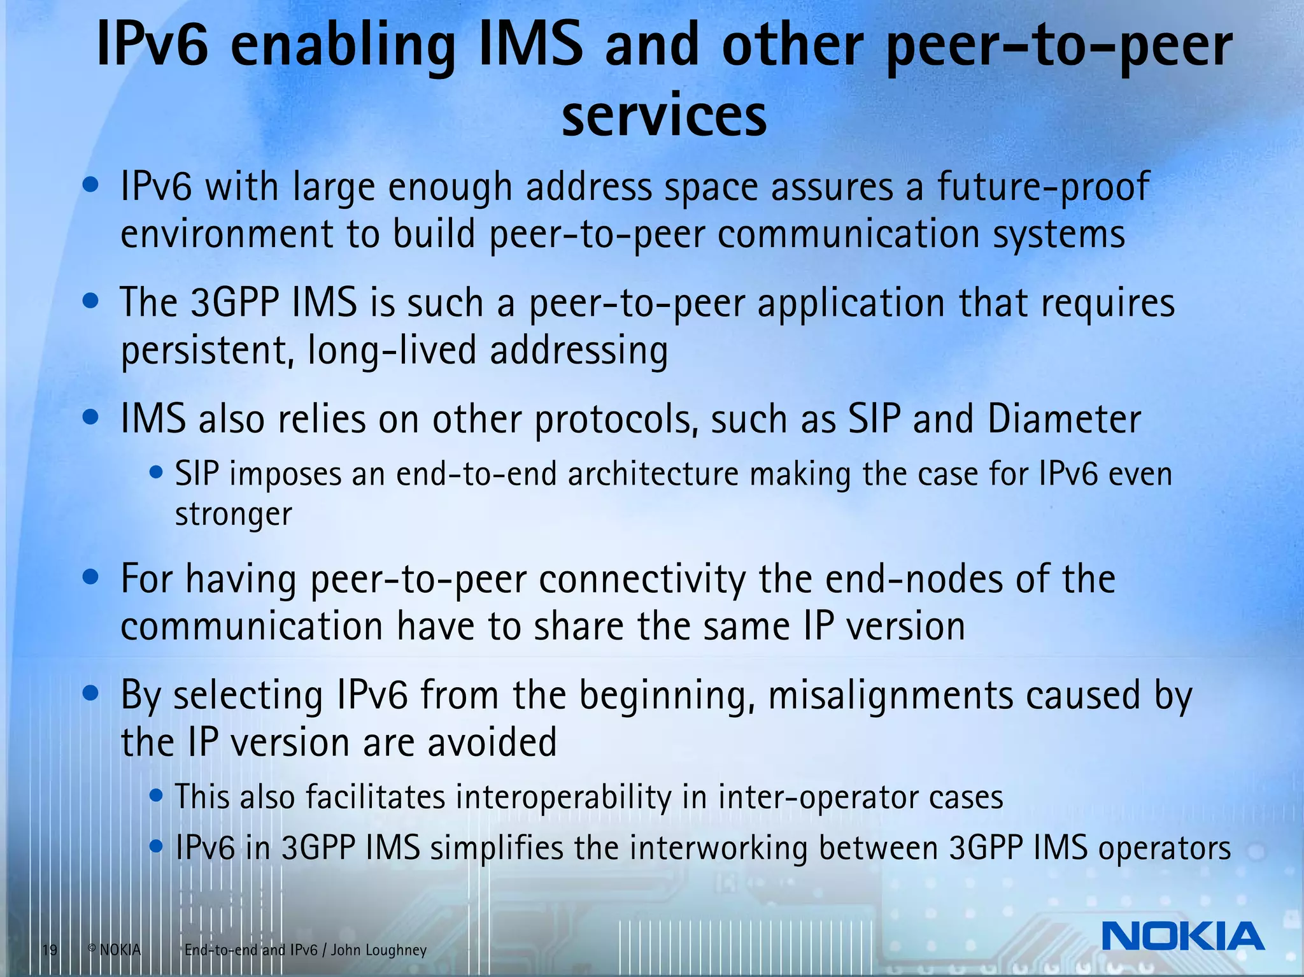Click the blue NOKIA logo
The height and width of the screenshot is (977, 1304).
[x=1182, y=936]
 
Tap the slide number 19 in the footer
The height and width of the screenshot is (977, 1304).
[x=50, y=950]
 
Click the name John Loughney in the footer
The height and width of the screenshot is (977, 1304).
[x=379, y=950]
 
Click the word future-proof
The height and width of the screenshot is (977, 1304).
[x=1043, y=187]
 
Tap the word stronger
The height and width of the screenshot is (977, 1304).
[x=234, y=515]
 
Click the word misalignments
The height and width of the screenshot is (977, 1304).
[x=890, y=695]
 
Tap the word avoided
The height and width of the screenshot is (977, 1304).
[x=492, y=743]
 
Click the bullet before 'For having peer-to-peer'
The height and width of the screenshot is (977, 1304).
[x=91, y=578]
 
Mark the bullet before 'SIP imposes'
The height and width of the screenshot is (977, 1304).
[x=156, y=473]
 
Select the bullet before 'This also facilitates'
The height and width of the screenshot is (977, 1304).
[x=156, y=795]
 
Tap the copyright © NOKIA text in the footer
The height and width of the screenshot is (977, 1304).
[x=114, y=950]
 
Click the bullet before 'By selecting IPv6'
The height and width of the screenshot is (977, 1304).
[x=91, y=693]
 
